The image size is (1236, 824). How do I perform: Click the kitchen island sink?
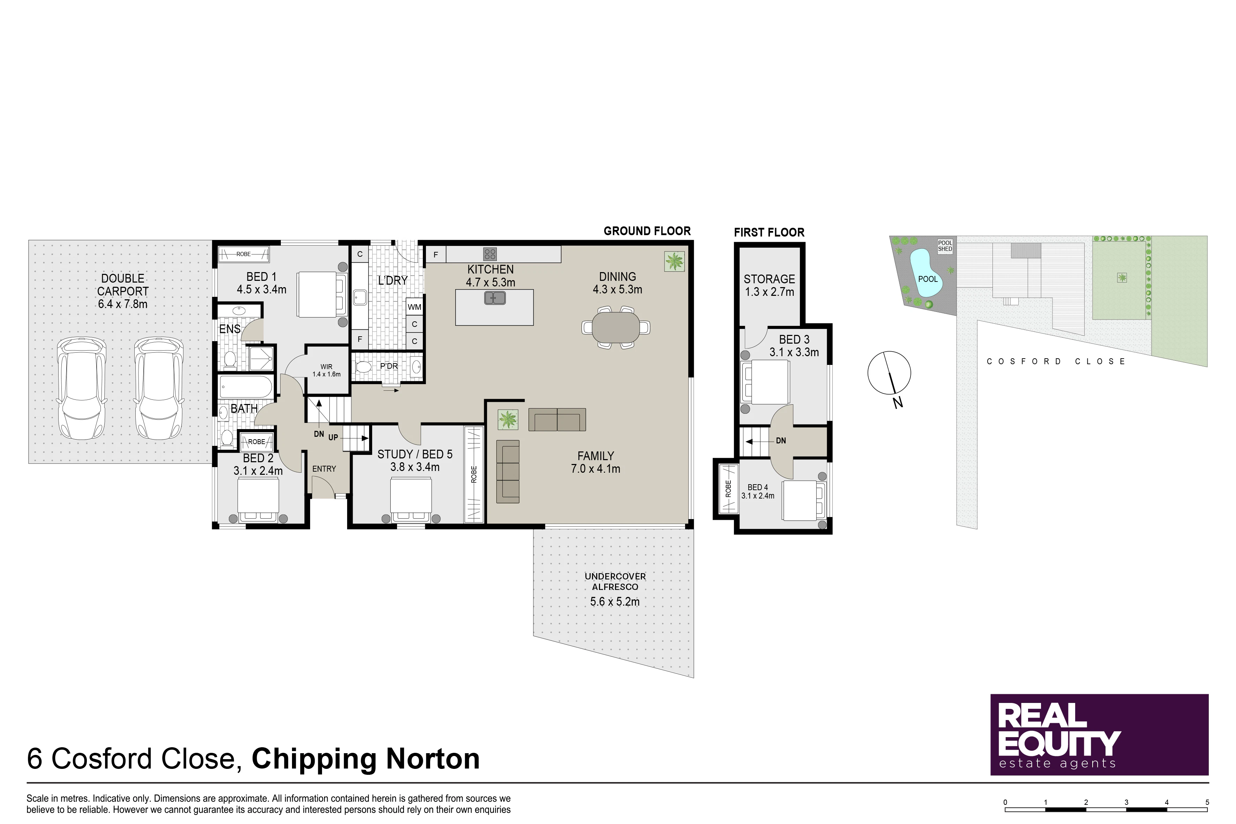495,298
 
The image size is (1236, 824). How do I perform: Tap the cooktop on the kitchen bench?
490,254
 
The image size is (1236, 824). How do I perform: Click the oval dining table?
616,327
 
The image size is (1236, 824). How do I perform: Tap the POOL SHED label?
945,246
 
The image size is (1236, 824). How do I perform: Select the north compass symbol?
889,374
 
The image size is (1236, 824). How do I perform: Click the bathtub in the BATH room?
246,387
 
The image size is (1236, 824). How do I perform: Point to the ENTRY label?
324,469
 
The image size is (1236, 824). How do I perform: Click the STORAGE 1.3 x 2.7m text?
769,285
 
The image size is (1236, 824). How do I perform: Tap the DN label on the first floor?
781,440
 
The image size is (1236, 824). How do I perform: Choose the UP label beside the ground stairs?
333,437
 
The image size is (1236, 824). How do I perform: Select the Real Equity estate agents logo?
1099,735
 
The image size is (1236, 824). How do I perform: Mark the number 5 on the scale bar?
1207,802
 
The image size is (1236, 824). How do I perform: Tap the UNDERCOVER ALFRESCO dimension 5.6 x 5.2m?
615,602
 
